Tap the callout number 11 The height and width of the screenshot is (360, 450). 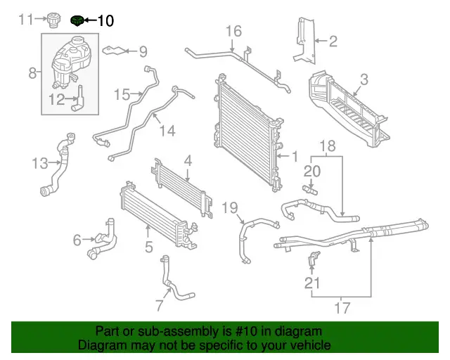coord(26,19)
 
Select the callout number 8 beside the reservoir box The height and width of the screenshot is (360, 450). coord(32,72)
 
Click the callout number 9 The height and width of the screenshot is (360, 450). coord(143,51)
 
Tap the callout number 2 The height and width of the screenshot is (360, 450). coord(333,41)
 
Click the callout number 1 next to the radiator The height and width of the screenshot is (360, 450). coord(295,156)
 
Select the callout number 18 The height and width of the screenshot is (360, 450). coord(328,146)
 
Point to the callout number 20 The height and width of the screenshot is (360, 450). coord(312,170)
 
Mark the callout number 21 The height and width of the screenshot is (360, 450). coord(312,283)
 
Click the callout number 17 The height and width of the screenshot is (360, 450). coord(342,307)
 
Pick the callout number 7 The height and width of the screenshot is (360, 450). coord(160,305)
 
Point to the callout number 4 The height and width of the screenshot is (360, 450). coord(188,161)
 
